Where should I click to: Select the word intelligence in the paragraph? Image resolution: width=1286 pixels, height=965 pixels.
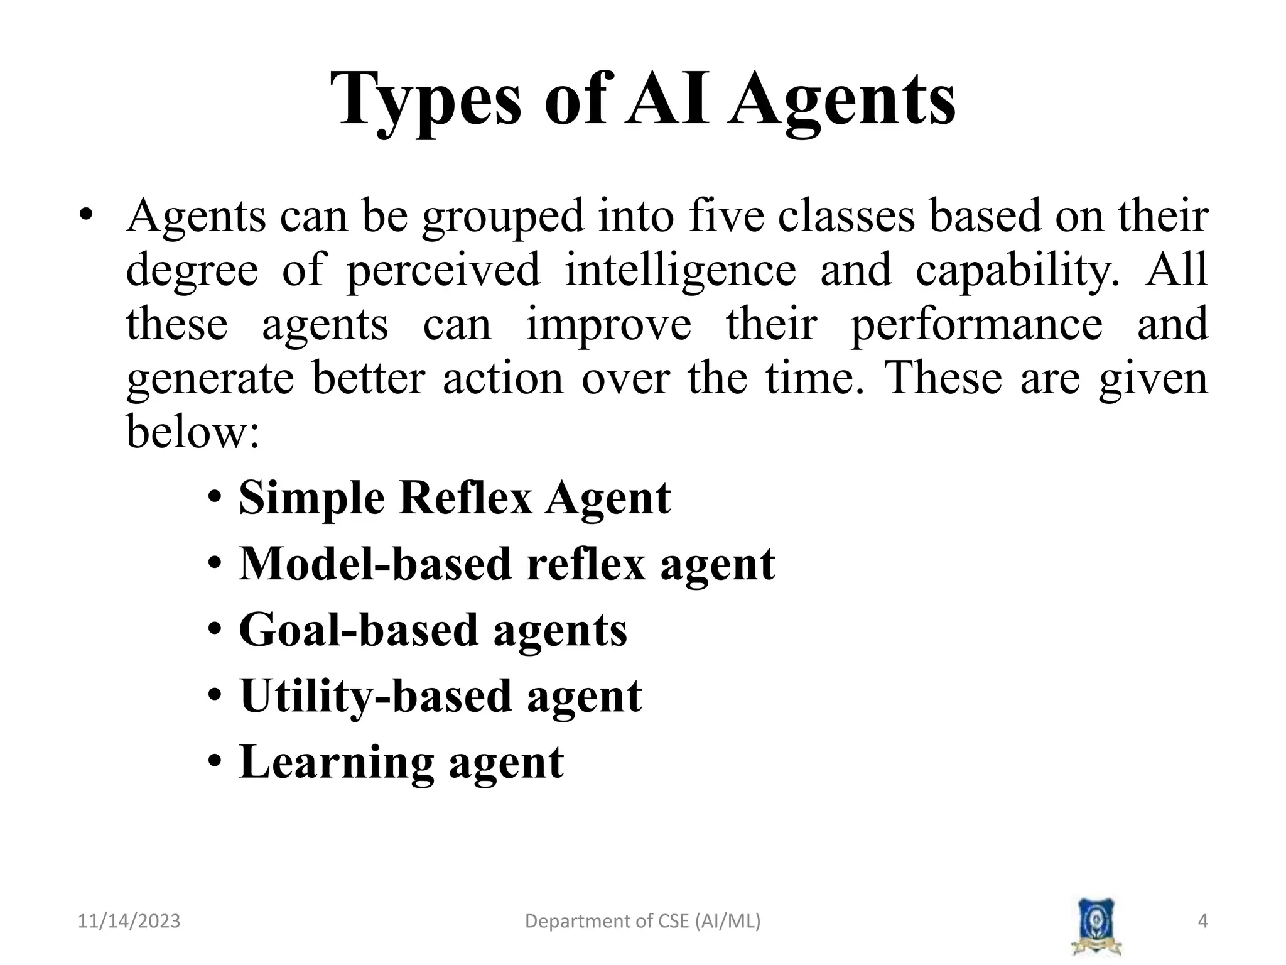[x=680, y=270]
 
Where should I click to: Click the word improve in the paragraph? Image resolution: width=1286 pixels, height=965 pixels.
[x=608, y=325]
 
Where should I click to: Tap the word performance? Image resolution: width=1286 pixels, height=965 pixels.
[x=976, y=325]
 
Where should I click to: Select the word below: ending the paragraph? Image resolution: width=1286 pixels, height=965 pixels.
[x=193, y=432]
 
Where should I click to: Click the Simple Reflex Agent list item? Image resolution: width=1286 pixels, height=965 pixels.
[x=455, y=498]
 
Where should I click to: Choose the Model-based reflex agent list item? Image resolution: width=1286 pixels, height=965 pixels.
[x=507, y=564]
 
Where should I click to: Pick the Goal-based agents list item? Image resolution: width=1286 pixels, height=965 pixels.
[x=433, y=630]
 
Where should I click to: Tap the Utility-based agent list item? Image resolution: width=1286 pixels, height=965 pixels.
[x=441, y=696]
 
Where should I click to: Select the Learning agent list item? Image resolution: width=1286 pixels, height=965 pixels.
[x=401, y=762]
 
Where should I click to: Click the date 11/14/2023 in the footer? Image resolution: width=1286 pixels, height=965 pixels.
[x=129, y=921]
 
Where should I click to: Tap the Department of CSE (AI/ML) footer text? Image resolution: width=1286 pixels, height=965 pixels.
[x=642, y=921]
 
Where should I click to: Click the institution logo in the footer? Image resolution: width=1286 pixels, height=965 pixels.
[x=1096, y=926]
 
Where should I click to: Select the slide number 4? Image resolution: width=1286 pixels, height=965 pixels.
[x=1202, y=921]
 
